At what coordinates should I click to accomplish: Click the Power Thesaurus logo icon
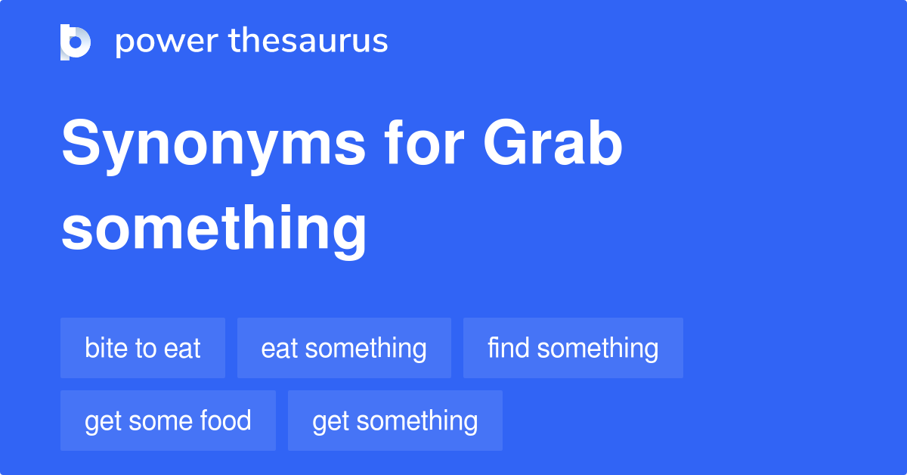76,42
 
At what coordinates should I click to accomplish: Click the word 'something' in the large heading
214,228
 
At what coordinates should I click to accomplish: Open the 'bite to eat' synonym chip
143,348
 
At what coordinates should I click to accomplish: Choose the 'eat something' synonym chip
344,348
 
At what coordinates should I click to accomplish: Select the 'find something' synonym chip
573,348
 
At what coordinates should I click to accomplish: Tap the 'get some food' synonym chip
168,421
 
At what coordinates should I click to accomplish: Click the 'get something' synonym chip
395,421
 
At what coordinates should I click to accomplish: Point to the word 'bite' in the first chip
104,348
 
